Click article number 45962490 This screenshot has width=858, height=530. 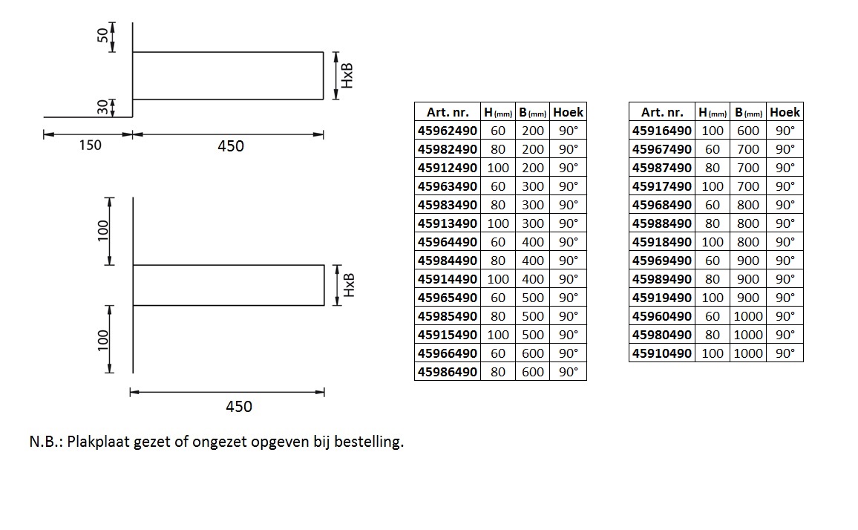click(447, 131)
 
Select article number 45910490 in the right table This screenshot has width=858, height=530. click(661, 353)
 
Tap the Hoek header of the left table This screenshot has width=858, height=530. click(568, 112)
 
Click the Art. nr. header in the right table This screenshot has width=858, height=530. click(662, 112)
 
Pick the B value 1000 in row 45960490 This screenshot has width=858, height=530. click(748, 316)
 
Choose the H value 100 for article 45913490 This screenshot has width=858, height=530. click(498, 223)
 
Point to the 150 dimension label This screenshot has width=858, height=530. click(90, 145)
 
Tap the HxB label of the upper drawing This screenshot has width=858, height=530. click(347, 76)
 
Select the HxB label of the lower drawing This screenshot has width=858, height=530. click(349, 285)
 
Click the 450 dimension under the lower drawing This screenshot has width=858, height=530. click(239, 406)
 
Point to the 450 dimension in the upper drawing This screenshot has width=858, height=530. click(231, 145)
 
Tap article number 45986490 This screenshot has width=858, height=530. click(447, 373)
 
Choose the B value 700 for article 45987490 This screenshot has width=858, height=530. click(748, 168)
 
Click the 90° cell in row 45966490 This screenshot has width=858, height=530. click(569, 353)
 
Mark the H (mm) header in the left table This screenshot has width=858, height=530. click(498, 112)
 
